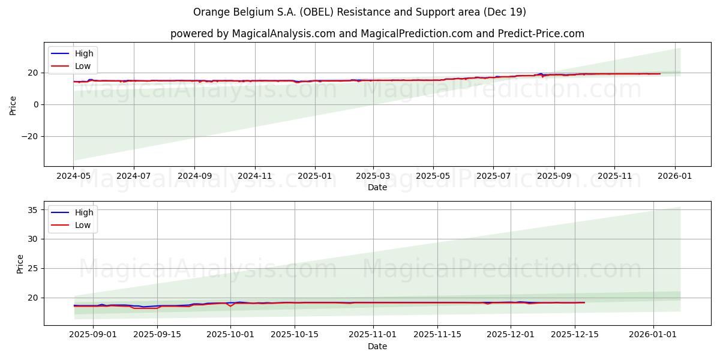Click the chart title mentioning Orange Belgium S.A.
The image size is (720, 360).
[359, 12]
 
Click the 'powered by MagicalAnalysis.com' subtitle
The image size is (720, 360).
[377, 34]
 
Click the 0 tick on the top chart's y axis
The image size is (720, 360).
[36, 104]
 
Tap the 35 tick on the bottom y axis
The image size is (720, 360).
[33, 210]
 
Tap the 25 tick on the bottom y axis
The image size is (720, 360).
[33, 268]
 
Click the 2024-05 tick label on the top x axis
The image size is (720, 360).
[74, 176]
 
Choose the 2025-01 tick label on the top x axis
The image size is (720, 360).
[315, 176]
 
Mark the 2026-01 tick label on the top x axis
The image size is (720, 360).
[675, 176]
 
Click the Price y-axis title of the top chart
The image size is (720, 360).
[13, 104]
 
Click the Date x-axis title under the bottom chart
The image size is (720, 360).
[377, 346]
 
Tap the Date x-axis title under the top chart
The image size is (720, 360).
[377, 187]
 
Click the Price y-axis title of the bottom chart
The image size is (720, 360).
[20, 263]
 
